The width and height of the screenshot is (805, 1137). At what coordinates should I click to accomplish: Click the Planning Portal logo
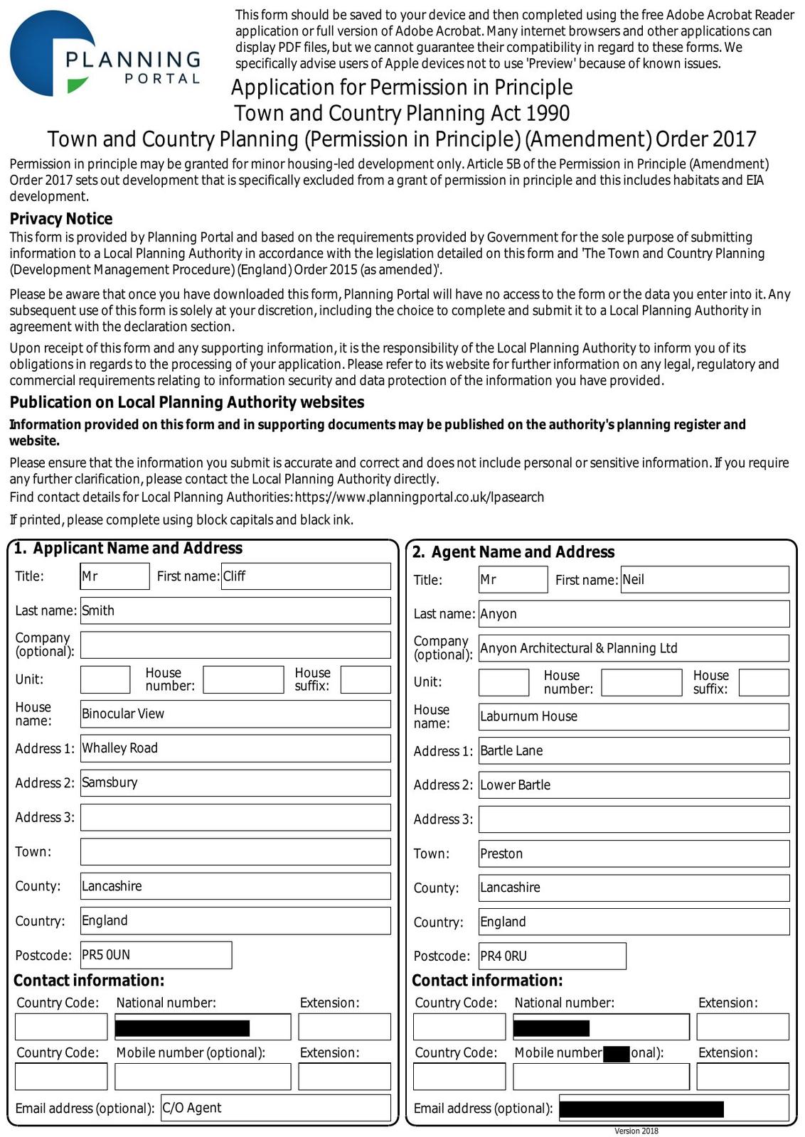pyautogui.click(x=105, y=54)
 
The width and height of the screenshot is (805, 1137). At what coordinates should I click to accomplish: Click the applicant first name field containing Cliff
pyautogui.click(x=306, y=576)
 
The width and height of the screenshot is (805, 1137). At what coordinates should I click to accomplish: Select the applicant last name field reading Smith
pyautogui.click(x=235, y=610)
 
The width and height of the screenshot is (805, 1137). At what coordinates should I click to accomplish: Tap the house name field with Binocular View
pyautogui.click(x=235, y=713)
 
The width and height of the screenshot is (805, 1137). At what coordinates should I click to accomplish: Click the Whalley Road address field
pyautogui.click(x=235, y=748)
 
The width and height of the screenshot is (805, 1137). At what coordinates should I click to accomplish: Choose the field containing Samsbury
pyautogui.click(x=235, y=782)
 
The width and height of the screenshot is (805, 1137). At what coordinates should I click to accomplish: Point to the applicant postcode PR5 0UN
pyautogui.click(x=156, y=955)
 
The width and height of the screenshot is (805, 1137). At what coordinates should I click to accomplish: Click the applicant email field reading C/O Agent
pyautogui.click(x=276, y=1108)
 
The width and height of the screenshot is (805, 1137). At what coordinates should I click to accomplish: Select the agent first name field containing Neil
pyautogui.click(x=704, y=580)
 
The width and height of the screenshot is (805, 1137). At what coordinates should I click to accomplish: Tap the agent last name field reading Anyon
pyautogui.click(x=634, y=614)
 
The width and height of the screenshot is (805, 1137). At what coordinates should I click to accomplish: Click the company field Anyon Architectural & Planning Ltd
pyautogui.click(x=634, y=648)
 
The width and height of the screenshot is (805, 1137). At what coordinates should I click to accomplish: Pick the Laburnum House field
pyautogui.click(x=634, y=716)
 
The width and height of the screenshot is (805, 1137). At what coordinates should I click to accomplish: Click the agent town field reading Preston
pyautogui.click(x=634, y=853)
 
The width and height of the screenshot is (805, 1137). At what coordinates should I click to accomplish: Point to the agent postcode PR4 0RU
pyautogui.click(x=553, y=957)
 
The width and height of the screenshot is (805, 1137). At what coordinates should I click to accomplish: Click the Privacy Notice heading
pyautogui.click(x=61, y=219)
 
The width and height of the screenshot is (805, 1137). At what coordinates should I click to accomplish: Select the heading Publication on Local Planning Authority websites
pyautogui.click(x=187, y=402)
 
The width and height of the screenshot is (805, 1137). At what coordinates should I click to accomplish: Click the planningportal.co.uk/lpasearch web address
pyautogui.click(x=420, y=497)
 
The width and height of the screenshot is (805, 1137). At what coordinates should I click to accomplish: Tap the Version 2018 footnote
pyautogui.click(x=636, y=1131)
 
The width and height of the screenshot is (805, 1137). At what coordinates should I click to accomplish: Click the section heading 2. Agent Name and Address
pyautogui.click(x=513, y=552)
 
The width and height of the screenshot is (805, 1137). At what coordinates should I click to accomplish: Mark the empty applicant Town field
pyautogui.click(x=235, y=851)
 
